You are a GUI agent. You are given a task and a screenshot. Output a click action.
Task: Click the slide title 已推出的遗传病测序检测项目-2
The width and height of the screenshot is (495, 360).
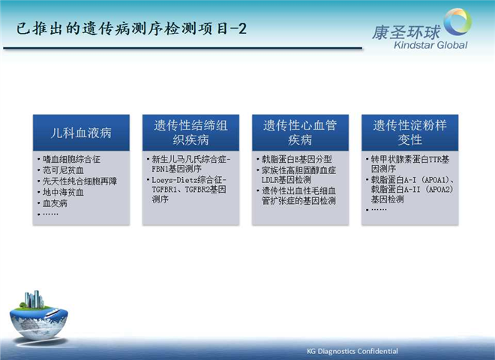click(131, 28)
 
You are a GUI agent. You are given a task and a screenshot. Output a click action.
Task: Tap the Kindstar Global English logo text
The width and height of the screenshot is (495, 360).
click(430, 45)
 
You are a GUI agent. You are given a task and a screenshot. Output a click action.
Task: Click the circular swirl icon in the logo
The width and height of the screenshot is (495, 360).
click(457, 22)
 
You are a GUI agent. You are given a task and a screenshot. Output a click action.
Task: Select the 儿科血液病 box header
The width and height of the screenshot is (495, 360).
click(81, 133)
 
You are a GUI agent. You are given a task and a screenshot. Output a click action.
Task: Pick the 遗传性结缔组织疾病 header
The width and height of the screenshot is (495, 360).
click(190, 133)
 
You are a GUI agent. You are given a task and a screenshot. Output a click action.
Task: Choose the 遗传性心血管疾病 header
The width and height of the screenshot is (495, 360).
click(300, 133)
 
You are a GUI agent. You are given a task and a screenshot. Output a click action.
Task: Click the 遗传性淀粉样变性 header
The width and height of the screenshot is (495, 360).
click(409, 133)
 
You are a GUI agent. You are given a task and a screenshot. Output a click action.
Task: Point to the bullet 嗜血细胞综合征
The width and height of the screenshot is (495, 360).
click(72, 159)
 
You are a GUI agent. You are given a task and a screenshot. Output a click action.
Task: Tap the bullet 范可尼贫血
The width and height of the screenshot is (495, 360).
click(63, 170)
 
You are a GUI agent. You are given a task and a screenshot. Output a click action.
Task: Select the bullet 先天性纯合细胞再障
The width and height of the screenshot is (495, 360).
click(79, 181)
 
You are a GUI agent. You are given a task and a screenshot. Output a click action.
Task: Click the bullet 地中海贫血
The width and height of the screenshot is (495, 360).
click(63, 192)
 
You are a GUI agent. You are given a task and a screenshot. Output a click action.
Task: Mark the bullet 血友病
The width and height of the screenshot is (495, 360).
click(55, 203)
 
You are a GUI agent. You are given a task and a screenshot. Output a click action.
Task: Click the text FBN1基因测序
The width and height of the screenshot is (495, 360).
click(176, 169)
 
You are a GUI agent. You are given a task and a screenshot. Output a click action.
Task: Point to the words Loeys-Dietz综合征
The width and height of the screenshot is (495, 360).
click(189, 180)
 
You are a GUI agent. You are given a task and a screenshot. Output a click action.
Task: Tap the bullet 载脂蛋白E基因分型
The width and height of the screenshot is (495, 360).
click(296, 160)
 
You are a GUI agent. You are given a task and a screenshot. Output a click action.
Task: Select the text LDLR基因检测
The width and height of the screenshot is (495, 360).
click(286, 180)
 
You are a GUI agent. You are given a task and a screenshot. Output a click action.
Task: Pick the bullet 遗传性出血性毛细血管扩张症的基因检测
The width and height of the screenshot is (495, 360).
click(298, 196)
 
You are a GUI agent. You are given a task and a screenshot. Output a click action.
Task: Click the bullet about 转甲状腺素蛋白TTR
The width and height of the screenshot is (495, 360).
click(410, 164)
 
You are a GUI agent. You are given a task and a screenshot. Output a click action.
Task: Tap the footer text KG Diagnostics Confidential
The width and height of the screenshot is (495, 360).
click(352, 351)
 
